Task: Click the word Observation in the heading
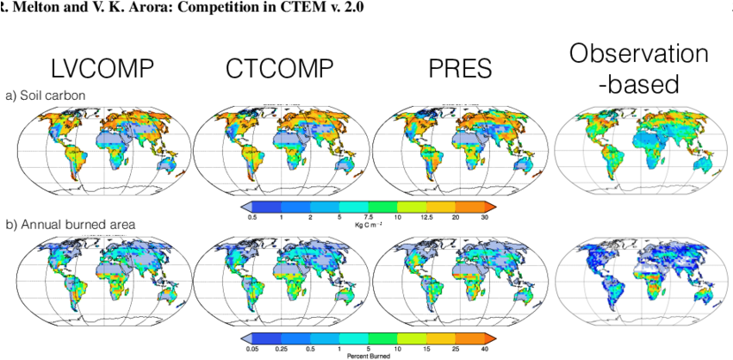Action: [x=638, y=55]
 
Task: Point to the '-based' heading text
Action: [x=639, y=84]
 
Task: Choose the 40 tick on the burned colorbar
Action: [x=486, y=348]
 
